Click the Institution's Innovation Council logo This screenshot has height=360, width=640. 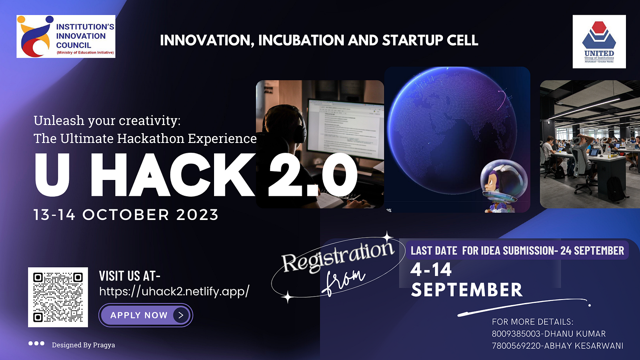pyautogui.click(x=66, y=37)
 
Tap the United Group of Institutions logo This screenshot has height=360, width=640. pyautogui.click(x=599, y=42)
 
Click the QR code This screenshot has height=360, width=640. pyautogui.click(x=58, y=297)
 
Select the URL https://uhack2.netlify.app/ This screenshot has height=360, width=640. pyautogui.click(x=174, y=291)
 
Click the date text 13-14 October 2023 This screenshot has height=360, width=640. pyautogui.click(x=126, y=215)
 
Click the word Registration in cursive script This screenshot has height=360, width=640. pyautogui.click(x=338, y=257)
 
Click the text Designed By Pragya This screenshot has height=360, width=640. pyautogui.click(x=83, y=345)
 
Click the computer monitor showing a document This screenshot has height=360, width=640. pyautogui.click(x=345, y=128)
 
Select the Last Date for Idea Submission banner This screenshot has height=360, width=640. pyautogui.click(x=517, y=251)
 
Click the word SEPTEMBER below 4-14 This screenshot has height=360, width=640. pyautogui.click(x=467, y=290)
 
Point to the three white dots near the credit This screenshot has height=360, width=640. pyautogui.click(x=36, y=343)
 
